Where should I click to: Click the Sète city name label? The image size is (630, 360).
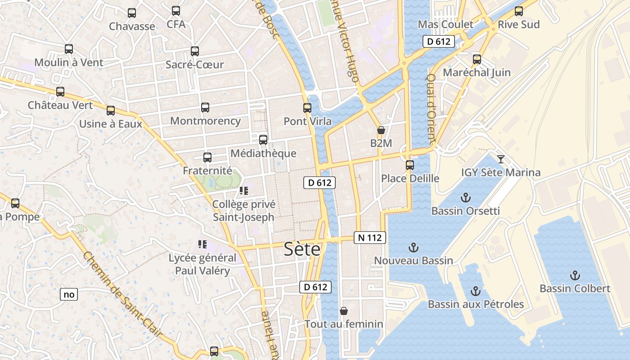tap(302, 249)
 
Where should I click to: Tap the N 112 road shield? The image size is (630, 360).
tap(370, 238)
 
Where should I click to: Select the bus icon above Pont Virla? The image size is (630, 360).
tap(307, 108)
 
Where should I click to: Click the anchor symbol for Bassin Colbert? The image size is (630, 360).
tap(575, 275)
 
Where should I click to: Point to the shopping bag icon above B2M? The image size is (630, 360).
tap(381, 130)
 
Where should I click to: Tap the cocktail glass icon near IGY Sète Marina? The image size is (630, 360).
tap(500, 159)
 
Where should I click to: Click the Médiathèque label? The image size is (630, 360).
tap(263, 153)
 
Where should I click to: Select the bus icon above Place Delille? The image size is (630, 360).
tap(409, 165)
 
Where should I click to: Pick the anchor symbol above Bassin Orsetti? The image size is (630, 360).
tap(466, 198)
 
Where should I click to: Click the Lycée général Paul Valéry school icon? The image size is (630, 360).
tap(202, 244)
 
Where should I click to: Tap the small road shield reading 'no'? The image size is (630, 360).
tap(69, 295)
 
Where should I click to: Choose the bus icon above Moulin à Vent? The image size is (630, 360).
tap(69, 49)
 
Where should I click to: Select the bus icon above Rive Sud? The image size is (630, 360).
tap(519, 11)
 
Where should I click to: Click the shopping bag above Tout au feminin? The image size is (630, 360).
tap(344, 311)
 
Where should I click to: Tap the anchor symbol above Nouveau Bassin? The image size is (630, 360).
tap(413, 247)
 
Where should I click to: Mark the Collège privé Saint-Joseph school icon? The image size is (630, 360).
tap(243, 191)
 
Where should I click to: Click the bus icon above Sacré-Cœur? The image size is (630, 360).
tap(195, 51)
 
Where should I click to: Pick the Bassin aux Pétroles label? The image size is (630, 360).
tap(476, 304)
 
